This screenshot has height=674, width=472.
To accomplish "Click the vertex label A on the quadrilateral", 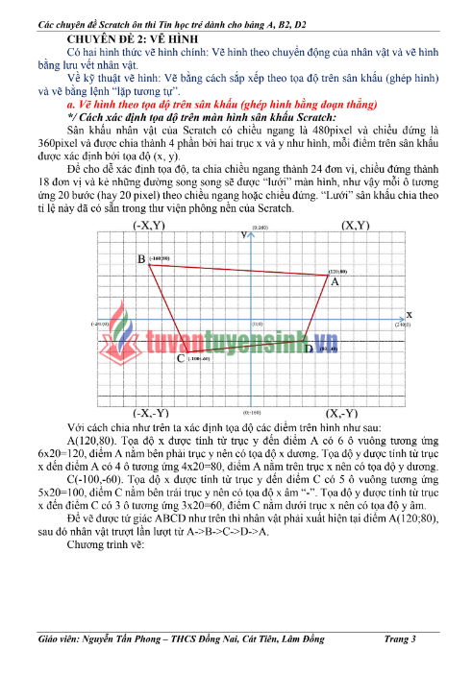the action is (x=335, y=282).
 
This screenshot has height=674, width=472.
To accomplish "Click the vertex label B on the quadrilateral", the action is (x=140, y=260).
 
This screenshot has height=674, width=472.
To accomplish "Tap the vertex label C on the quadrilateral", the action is (x=181, y=359).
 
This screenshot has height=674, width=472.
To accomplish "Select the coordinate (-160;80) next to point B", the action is (x=159, y=259).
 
